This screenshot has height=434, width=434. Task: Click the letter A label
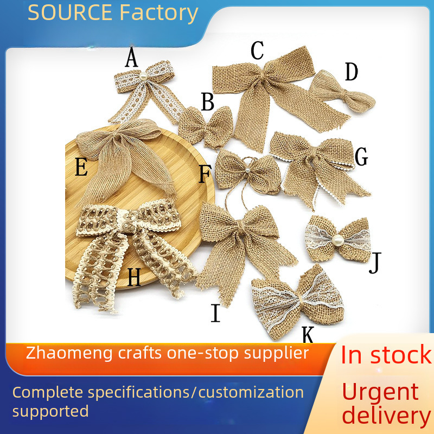tap(131, 58)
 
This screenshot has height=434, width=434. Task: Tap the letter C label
tap(257, 50)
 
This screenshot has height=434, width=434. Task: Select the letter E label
tap(81, 167)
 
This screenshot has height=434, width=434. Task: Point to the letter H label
tap(134, 278)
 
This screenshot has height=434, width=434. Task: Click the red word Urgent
tap(380, 392)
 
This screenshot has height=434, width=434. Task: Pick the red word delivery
tap(386, 416)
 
